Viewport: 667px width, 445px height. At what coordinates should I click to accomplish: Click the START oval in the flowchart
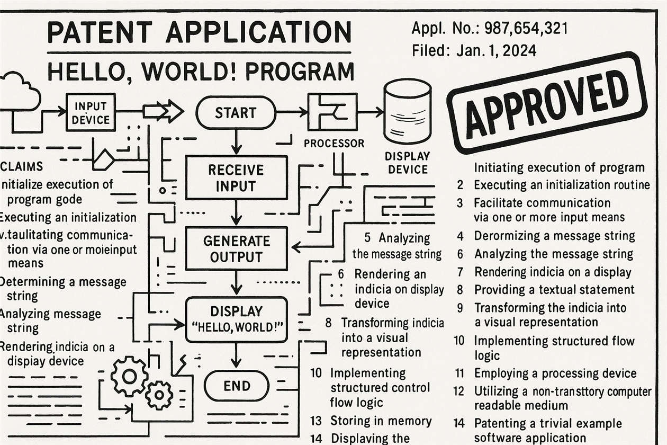tap(236, 113)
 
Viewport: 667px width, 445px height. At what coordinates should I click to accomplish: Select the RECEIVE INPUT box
tap(236, 177)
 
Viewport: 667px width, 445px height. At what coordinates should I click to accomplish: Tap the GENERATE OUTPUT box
tap(236, 249)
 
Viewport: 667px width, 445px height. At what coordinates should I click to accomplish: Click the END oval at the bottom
tap(236, 385)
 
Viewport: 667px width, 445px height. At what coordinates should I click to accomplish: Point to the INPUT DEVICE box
tap(91, 112)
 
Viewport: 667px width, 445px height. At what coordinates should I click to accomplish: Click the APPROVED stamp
tap(547, 103)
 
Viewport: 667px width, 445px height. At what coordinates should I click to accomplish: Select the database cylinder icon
tap(407, 111)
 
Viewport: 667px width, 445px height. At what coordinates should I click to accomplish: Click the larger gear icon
tap(129, 376)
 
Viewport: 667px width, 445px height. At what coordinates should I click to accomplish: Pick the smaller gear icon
tap(159, 395)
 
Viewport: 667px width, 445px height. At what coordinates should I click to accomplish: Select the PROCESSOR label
tap(334, 143)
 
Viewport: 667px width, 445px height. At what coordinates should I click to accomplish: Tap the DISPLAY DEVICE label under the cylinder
tap(407, 163)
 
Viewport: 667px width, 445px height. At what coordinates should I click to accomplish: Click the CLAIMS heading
tap(22, 166)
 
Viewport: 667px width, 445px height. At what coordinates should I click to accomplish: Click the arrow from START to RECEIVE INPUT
tap(236, 142)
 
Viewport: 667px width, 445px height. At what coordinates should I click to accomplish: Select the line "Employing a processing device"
tap(555, 373)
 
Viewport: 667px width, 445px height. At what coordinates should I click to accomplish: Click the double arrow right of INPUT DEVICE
tap(164, 112)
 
